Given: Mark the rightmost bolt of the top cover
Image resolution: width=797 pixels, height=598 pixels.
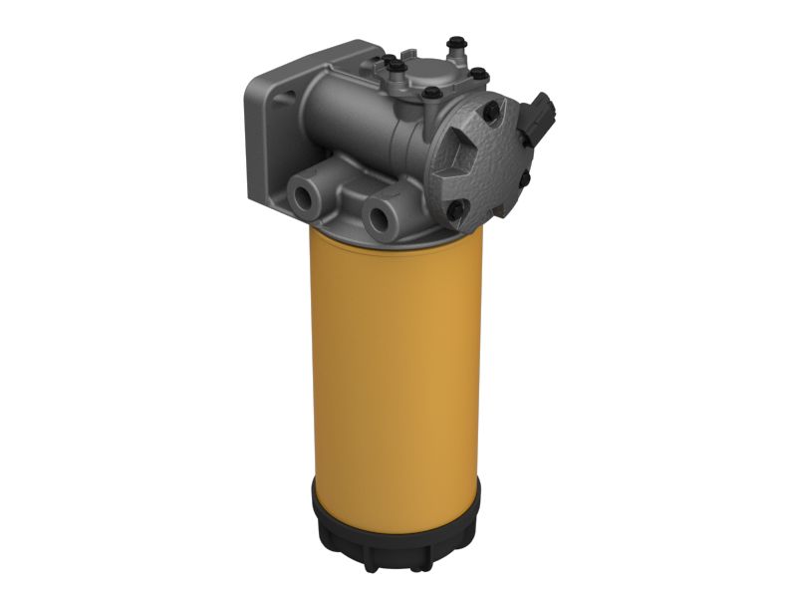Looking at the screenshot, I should pos(478,74).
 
